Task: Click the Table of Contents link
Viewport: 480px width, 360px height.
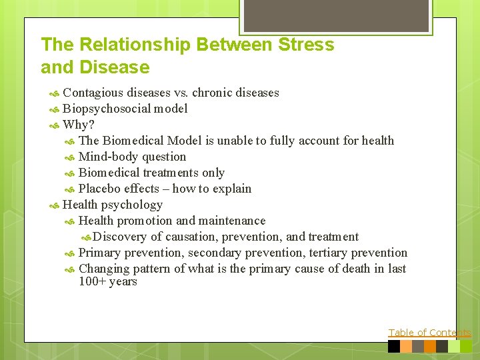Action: [x=429, y=333]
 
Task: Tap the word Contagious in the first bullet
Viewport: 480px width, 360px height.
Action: [x=93, y=93]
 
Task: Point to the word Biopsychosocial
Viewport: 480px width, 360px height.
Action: [x=107, y=109]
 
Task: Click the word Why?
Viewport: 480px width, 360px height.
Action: [x=79, y=125]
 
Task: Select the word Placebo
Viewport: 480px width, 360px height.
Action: [x=99, y=189]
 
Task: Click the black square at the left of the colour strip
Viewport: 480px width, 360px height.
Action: [x=394, y=347]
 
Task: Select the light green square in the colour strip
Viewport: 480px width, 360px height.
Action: [x=454, y=347]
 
